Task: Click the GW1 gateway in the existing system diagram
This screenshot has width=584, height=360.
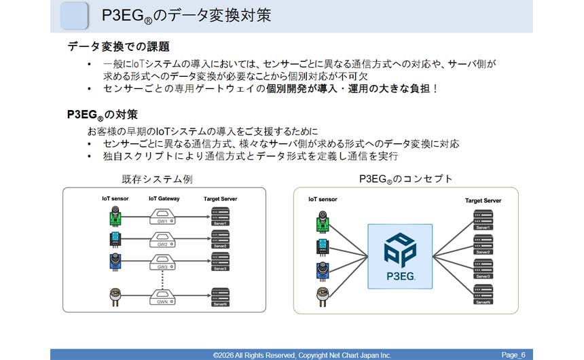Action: click(162, 218)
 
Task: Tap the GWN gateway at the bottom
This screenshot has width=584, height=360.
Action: click(162, 296)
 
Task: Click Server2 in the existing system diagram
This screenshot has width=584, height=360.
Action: click(220, 239)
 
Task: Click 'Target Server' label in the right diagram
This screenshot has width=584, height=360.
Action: click(483, 200)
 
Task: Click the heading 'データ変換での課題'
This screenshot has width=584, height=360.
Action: click(119, 47)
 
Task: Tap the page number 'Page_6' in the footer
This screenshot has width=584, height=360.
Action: click(513, 355)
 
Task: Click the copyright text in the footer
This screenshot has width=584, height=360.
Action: click(302, 355)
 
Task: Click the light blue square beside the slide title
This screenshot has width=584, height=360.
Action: click(74, 16)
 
